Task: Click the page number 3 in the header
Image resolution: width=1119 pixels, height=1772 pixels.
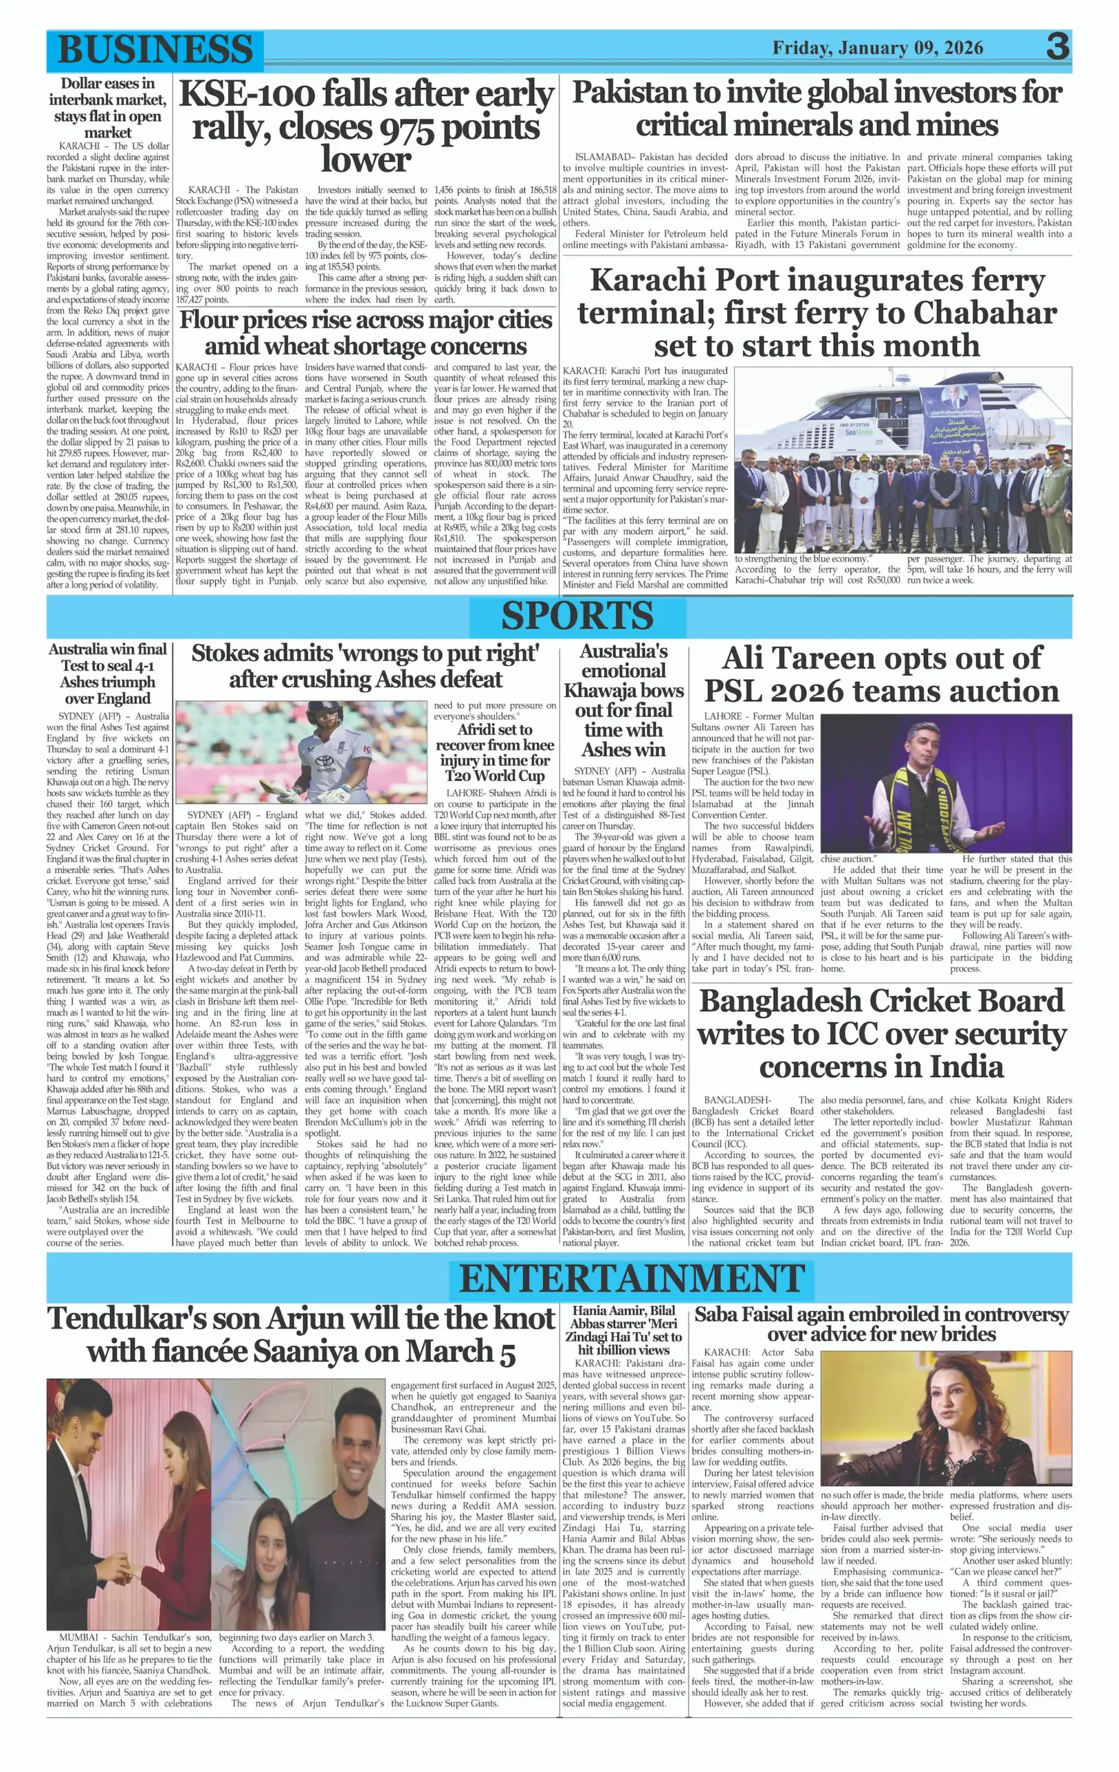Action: pos(1057,47)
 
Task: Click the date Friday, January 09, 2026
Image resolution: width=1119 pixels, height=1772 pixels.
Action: pos(877,48)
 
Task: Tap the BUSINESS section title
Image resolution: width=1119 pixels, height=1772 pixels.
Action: pos(155,49)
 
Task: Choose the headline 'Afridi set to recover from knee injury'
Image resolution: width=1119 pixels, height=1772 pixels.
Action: pos(493,752)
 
